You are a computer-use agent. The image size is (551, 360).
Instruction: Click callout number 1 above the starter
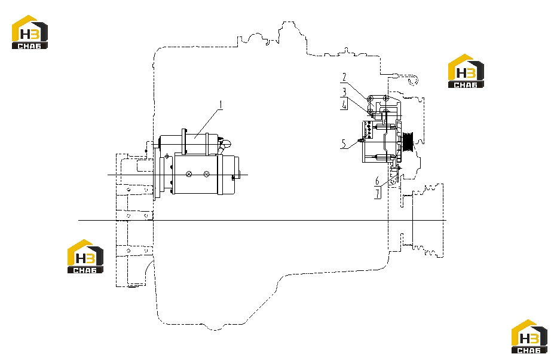(x=221, y=105)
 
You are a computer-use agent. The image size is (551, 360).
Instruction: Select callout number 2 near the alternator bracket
(x=344, y=77)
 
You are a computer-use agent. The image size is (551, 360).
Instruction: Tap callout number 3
(x=344, y=91)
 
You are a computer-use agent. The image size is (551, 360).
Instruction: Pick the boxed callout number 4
(x=344, y=105)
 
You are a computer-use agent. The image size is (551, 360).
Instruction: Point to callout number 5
(x=344, y=144)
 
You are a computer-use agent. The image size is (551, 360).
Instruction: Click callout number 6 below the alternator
(x=378, y=181)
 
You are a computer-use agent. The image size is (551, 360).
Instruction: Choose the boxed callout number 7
(x=378, y=193)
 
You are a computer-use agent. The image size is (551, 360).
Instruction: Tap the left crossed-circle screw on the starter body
(x=189, y=175)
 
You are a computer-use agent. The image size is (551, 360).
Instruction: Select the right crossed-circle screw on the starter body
(x=207, y=175)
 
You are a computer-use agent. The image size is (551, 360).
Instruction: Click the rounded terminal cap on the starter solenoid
(x=226, y=144)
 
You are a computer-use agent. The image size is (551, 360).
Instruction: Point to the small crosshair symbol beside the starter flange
(x=167, y=155)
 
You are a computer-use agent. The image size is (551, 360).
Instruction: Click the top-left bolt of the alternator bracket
(x=371, y=99)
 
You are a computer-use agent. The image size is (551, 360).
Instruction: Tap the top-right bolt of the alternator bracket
(x=386, y=98)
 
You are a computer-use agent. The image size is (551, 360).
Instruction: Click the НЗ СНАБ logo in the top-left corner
(x=29, y=32)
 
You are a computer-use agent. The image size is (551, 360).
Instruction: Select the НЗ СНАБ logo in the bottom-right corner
(x=529, y=337)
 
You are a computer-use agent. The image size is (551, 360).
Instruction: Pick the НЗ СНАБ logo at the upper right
(x=466, y=71)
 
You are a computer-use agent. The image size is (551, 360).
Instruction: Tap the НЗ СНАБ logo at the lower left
(x=85, y=257)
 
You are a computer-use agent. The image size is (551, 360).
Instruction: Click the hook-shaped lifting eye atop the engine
(x=414, y=81)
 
